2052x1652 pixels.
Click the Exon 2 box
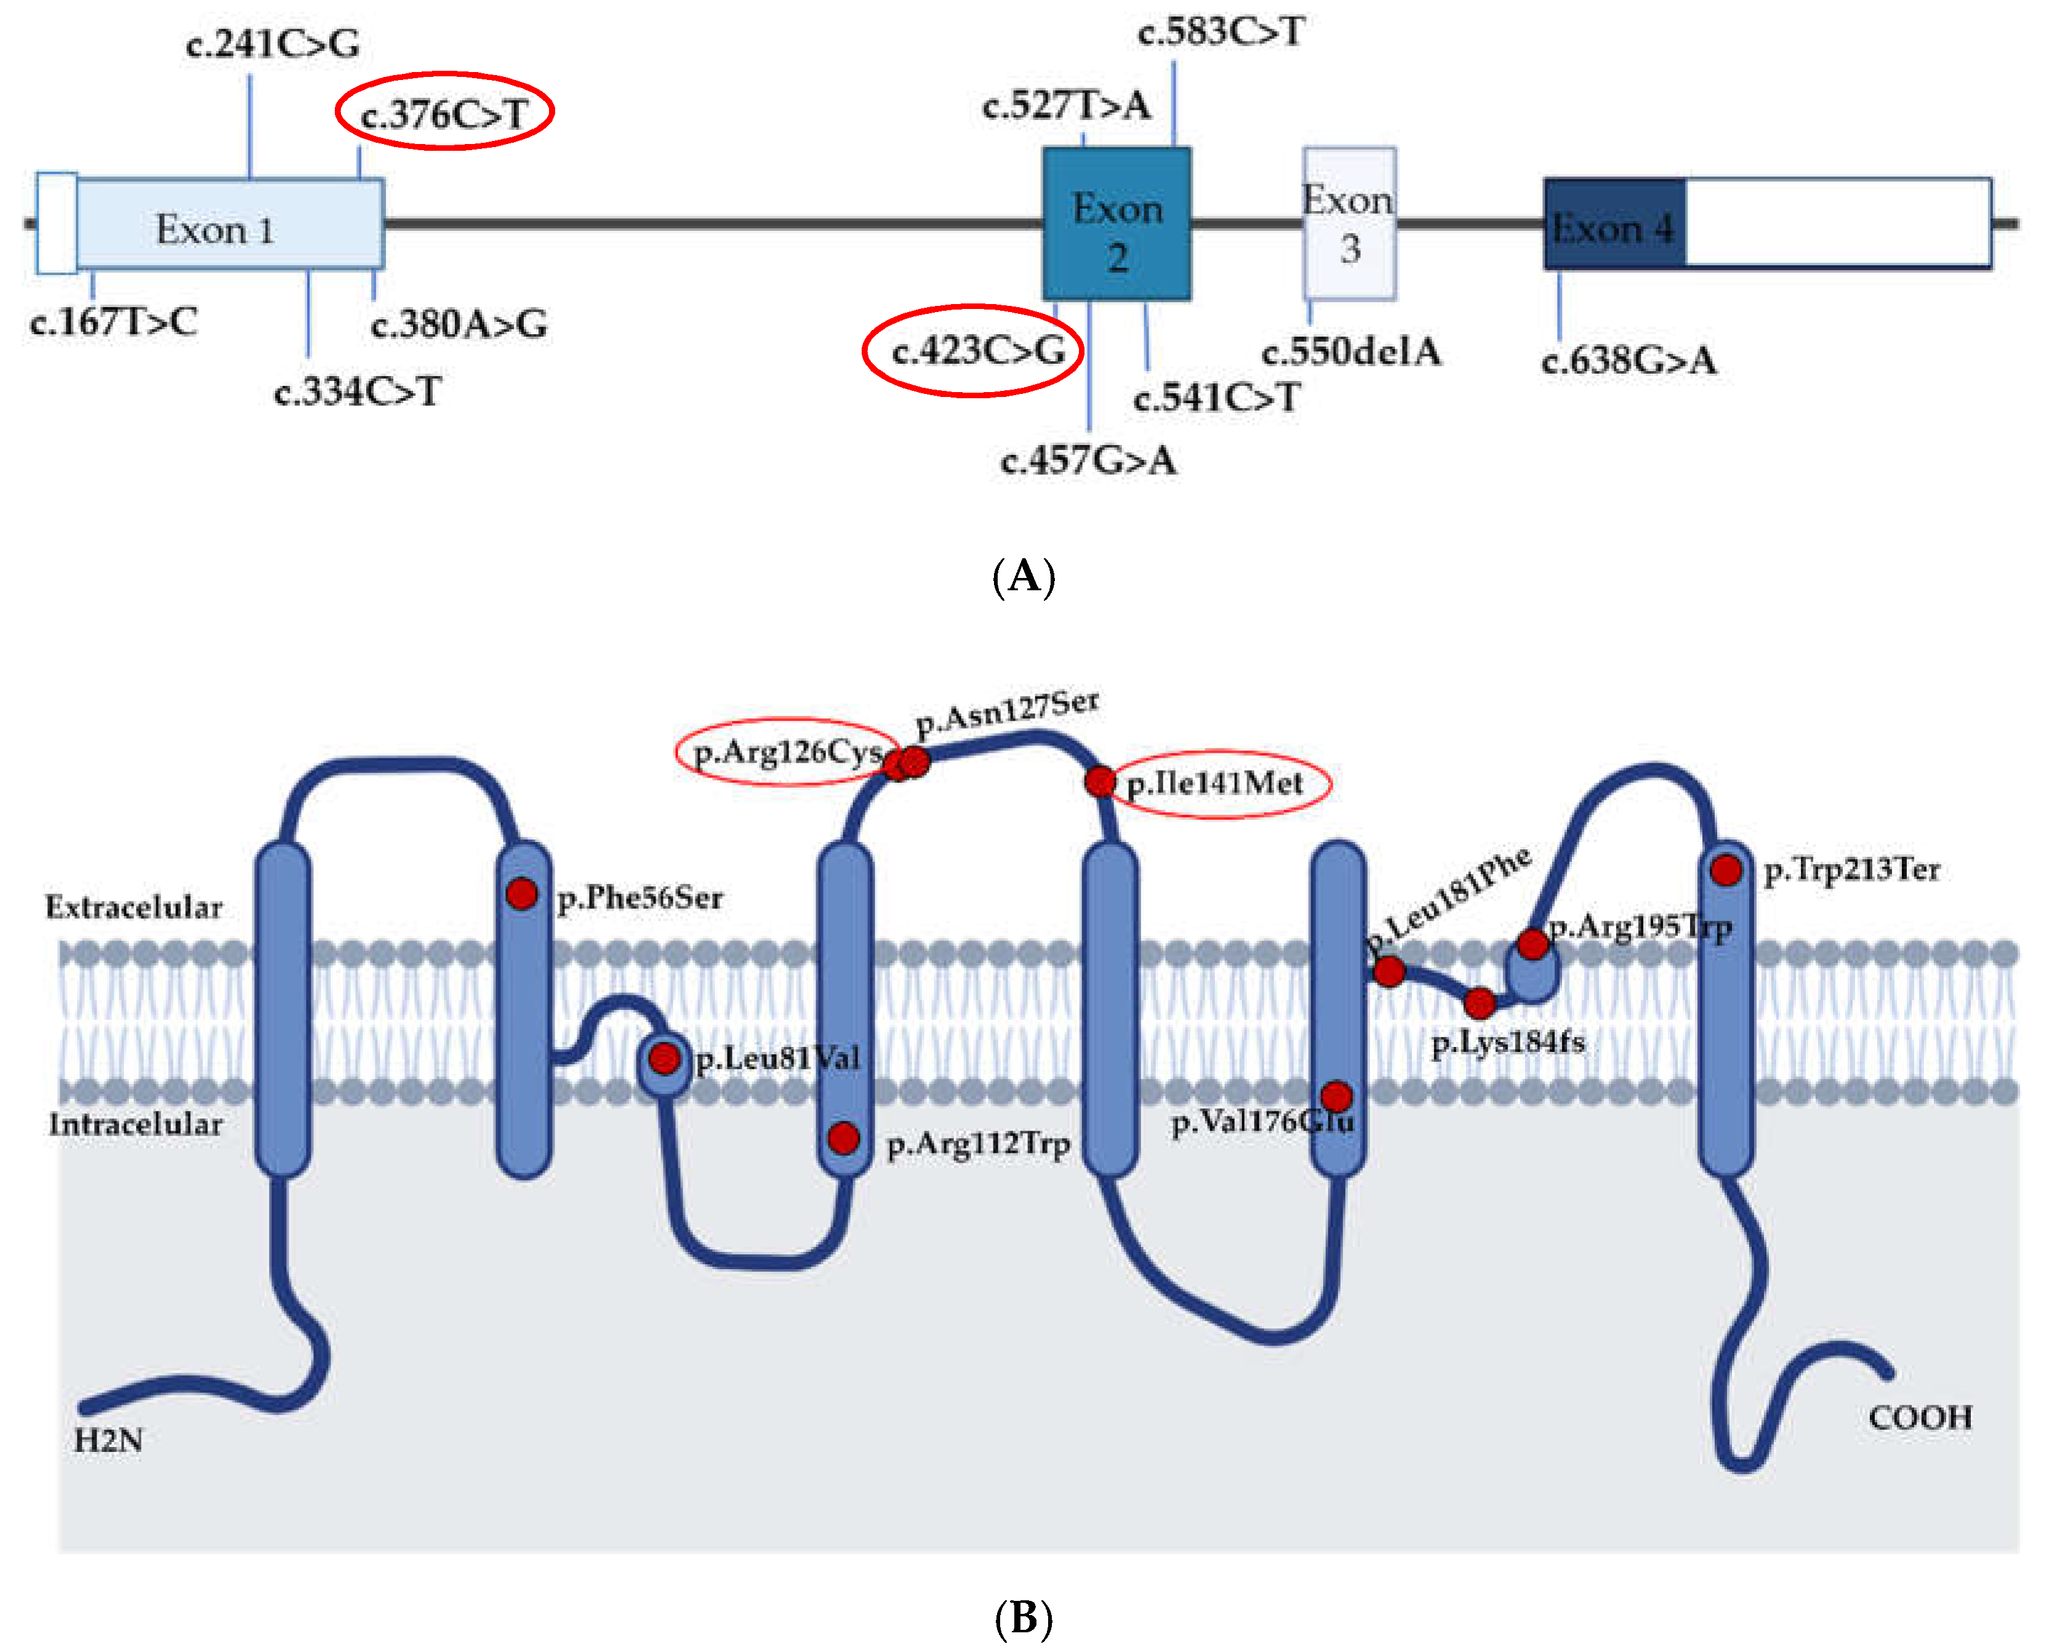tap(1116, 225)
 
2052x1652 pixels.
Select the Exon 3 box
tap(1349, 225)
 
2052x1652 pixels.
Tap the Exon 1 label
tap(215, 230)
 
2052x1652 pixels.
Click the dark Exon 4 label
tap(1613, 228)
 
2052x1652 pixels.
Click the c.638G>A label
tap(1629, 361)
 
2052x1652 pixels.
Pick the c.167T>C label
tap(113, 323)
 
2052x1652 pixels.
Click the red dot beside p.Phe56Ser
tap(521, 894)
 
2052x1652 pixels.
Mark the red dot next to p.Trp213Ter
tap(1726, 870)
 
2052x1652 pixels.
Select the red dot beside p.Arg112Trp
tap(843, 1137)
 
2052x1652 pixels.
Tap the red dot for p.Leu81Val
tap(664, 1058)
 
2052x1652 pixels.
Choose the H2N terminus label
tap(108, 1440)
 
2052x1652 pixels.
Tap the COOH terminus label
tap(1920, 1417)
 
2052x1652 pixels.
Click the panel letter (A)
tap(1024, 575)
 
